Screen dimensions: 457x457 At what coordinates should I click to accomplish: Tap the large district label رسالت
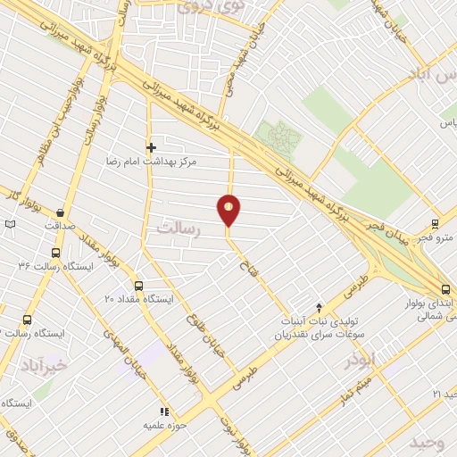coord(180,228)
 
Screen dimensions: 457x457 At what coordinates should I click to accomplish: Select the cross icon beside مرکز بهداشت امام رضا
coord(151,147)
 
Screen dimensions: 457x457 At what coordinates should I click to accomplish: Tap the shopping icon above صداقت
coord(60,212)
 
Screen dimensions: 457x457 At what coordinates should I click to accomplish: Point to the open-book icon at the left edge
coord(10,224)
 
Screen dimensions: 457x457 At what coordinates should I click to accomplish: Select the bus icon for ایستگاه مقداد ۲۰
coord(138,286)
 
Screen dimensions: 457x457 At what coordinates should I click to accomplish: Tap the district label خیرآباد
coord(47,365)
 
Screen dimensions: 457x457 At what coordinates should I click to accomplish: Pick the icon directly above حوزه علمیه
coord(163,411)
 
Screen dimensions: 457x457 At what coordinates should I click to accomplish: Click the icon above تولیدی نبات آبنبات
coord(320,307)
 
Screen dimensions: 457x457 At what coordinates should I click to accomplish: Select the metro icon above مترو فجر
coord(435,223)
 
